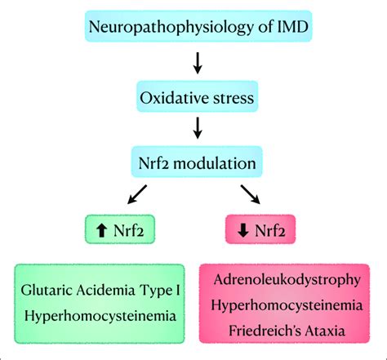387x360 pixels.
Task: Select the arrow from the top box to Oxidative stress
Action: tap(195, 62)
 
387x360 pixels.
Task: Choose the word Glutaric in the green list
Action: tap(51, 289)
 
